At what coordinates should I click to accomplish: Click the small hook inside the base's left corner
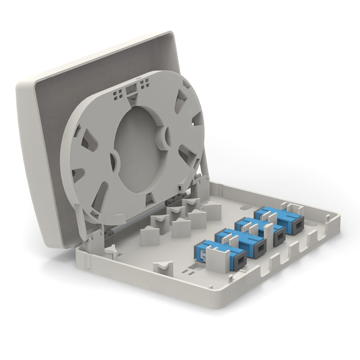[111, 250]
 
